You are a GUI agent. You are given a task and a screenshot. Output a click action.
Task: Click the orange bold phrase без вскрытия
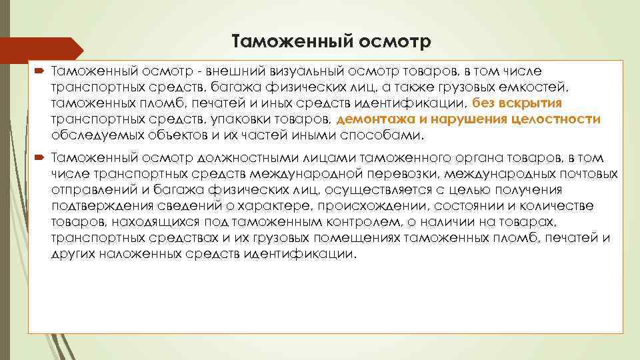[517, 103]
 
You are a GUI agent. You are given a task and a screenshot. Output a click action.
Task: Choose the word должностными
[237, 158]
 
